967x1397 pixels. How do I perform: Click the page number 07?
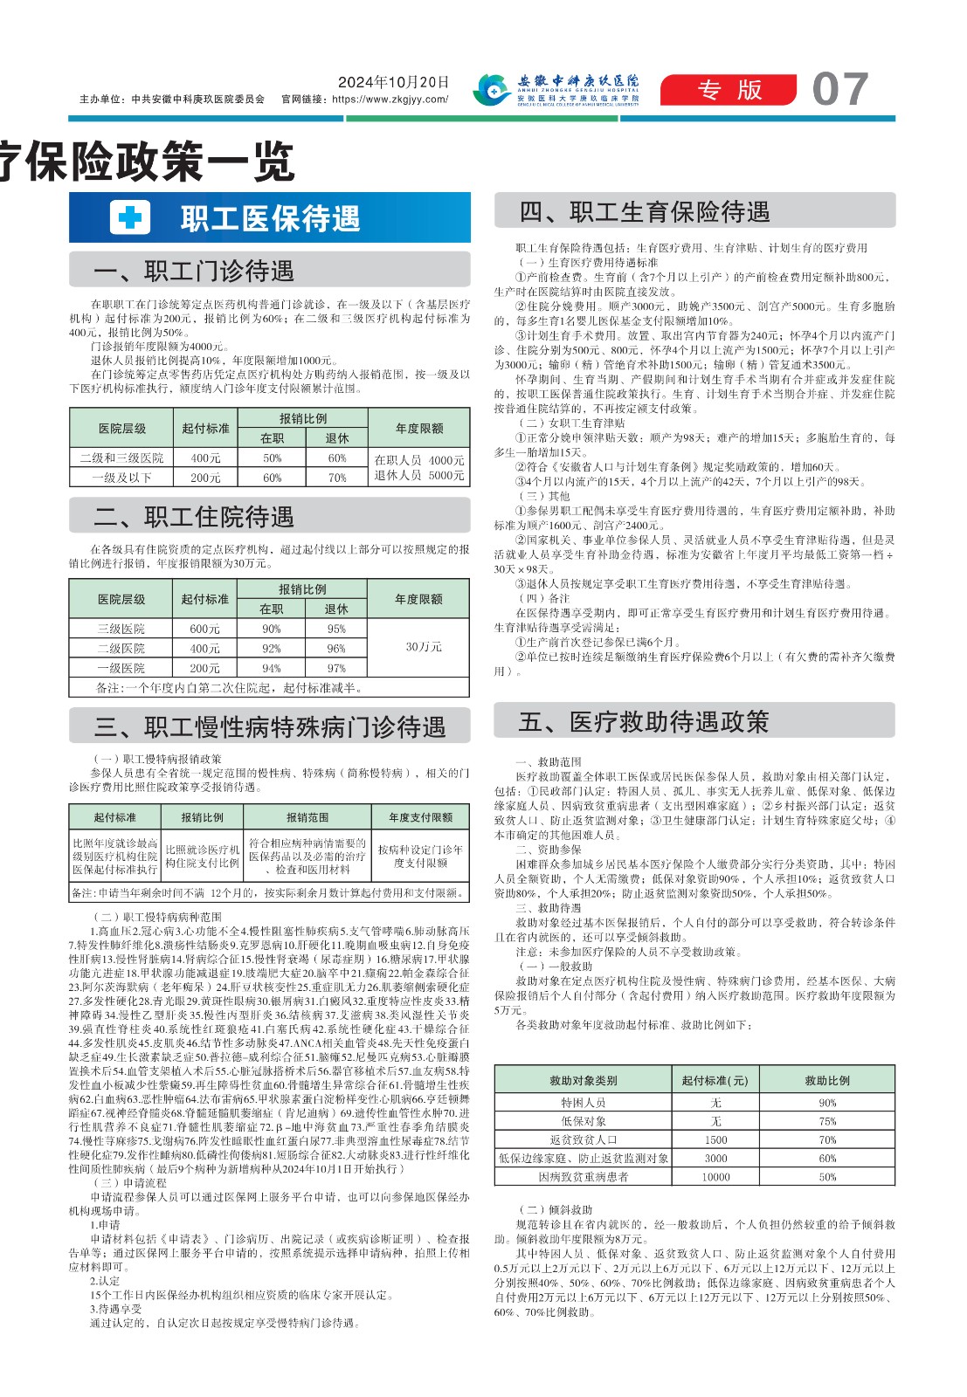point(839,89)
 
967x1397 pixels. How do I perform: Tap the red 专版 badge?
point(729,90)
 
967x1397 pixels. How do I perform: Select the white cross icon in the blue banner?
point(130,217)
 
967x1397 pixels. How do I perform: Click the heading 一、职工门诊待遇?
point(193,272)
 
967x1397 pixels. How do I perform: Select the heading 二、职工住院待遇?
point(193,517)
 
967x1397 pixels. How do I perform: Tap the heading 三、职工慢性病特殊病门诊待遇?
point(270,727)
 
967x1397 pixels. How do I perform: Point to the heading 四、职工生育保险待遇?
point(645,212)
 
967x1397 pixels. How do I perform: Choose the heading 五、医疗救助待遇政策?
point(644,722)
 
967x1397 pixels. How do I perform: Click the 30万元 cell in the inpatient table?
point(424,647)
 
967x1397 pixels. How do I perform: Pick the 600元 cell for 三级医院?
point(204,629)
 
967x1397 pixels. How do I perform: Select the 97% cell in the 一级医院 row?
point(336,668)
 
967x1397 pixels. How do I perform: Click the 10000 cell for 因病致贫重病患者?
point(715,1177)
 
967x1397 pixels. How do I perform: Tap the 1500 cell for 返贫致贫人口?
point(715,1139)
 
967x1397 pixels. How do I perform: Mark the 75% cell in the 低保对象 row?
point(827,1121)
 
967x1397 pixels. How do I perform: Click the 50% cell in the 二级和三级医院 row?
point(273,458)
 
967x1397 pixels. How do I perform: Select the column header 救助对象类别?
point(583,1080)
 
